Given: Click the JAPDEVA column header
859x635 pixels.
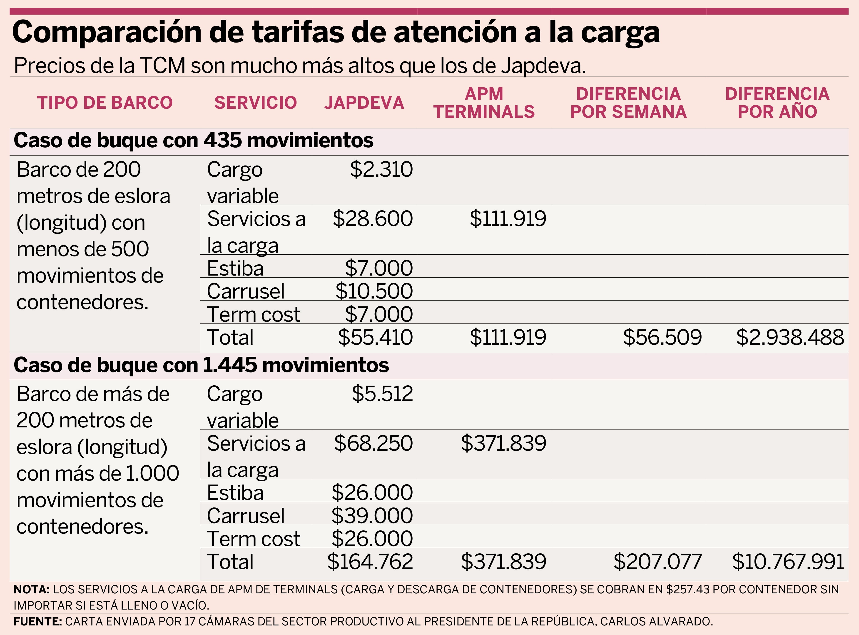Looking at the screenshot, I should (364, 103).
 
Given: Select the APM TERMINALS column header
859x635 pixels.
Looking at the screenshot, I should (484, 103).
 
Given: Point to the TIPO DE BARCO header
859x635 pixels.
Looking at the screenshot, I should (105, 103).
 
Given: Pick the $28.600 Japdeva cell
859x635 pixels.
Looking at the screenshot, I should (373, 219).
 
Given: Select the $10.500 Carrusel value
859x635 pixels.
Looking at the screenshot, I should (374, 291).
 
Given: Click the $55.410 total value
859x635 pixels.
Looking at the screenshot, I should (375, 337).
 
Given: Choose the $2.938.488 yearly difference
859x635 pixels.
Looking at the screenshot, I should (790, 337).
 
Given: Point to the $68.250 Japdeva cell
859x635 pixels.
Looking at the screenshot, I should (373, 443).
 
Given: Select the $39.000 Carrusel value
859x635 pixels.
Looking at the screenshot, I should (372, 515).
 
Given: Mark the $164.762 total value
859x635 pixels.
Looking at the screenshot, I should (370, 562).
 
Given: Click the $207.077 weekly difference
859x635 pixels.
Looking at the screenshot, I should (657, 562).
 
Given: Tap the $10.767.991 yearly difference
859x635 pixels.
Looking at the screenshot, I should (788, 562).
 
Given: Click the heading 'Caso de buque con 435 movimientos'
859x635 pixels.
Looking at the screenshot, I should (193, 140).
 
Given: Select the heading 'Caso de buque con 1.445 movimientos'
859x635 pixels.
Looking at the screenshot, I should (201, 365).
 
